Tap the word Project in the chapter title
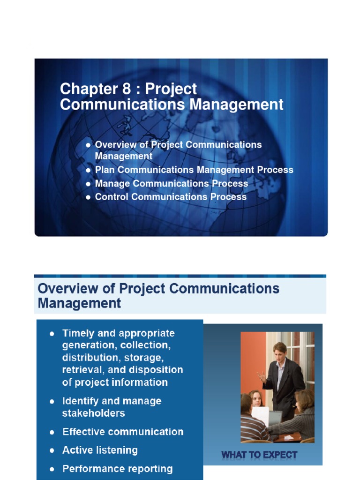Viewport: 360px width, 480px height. click(x=171, y=89)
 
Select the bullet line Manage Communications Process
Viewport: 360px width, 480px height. click(x=171, y=183)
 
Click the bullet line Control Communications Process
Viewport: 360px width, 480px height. click(x=171, y=197)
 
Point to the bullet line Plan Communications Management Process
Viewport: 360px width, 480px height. click(x=194, y=170)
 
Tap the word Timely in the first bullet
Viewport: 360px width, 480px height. click(x=78, y=333)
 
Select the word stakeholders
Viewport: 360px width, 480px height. click(x=93, y=413)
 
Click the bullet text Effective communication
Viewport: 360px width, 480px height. click(x=123, y=432)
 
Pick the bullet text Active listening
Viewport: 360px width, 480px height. click(x=100, y=450)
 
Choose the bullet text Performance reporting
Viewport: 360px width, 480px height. click(x=117, y=469)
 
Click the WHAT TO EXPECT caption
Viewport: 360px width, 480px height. click(x=259, y=454)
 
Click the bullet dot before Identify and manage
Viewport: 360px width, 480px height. click(x=52, y=401)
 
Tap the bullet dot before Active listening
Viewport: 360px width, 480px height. click(x=52, y=450)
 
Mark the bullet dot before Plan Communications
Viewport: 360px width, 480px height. click(x=88, y=170)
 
